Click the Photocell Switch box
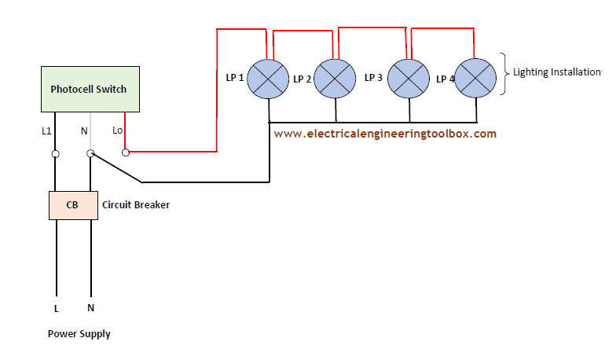pos(88,90)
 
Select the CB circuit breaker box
pos(73,204)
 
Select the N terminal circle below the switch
pos(91,154)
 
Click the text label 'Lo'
pos(118,130)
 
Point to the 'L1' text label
pos(47,130)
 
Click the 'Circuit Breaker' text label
pos(136,205)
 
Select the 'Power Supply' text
pos(79,334)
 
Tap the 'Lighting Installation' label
pos(557,72)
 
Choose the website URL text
pos(385,134)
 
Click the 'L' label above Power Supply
pos(56,309)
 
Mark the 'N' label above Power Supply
pos(91,309)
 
